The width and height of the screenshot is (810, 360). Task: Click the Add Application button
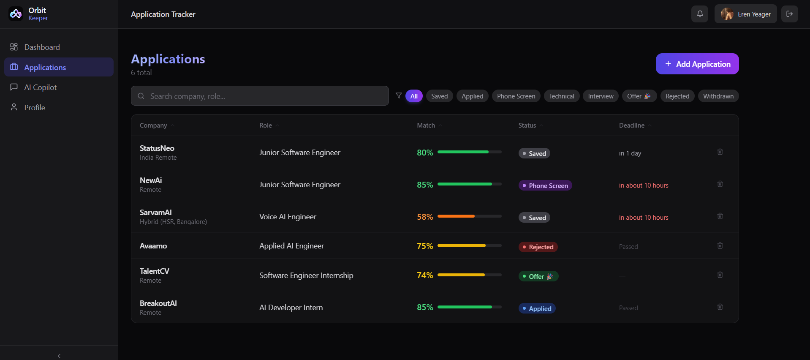(697, 64)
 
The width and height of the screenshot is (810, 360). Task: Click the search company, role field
(260, 96)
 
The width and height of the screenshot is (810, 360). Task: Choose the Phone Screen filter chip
(516, 96)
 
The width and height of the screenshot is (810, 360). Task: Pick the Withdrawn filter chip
(718, 96)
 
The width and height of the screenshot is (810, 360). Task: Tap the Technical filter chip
(562, 96)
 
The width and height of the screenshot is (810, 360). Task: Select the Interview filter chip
(601, 96)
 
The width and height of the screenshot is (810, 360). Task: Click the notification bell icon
(700, 14)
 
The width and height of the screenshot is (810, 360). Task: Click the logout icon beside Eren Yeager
(790, 14)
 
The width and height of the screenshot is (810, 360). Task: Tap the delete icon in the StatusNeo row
(720, 152)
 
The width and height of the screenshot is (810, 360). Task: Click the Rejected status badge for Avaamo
(538, 247)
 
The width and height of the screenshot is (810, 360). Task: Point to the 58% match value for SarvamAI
(425, 217)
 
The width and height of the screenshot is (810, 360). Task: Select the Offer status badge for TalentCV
(538, 276)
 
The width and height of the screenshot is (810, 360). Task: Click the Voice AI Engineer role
(288, 217)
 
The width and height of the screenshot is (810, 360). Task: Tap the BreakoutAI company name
(158, 303)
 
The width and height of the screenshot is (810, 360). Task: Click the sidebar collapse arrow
(59, 356)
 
